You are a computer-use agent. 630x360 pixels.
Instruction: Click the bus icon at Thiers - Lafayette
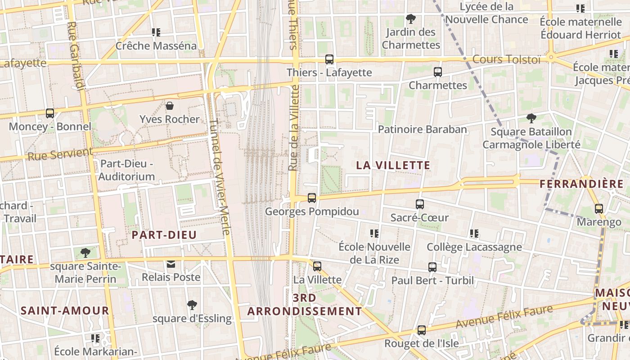click(x=329, y=59)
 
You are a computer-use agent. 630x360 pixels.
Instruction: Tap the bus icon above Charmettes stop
click(x=437, y=72)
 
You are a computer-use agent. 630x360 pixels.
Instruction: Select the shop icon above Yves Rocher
click(x=170, y=106)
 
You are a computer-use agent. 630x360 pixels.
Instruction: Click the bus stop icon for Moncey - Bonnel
click(x=50, y=113)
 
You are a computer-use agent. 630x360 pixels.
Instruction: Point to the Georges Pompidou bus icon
click(x=311, y=198)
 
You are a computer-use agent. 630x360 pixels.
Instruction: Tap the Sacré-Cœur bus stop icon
click(x=420, y=204)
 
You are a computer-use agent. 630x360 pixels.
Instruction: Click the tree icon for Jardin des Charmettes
click(x=410, y=19)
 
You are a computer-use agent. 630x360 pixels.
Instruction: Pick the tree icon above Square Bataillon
click(x=531, y=118)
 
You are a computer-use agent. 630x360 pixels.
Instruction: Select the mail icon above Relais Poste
click(x=171, y=264)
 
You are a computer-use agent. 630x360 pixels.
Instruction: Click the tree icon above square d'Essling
click(x=192, y=305)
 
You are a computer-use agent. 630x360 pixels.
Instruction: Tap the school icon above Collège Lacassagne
click(x=474, y=234)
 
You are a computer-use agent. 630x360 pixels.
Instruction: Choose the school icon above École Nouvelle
click(x=374, y=234)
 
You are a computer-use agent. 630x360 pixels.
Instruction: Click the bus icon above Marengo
click(x=598, y=209)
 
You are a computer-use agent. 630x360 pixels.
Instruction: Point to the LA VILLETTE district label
click(x=393, y=165)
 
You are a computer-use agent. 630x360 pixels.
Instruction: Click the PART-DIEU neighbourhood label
click(x=164, y=235)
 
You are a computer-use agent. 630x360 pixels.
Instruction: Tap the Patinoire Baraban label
click(x=423, y=130)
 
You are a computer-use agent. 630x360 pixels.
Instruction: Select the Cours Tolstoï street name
click(x=506, y=59)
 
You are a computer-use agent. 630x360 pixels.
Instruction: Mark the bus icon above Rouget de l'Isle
click(x=422, y=330)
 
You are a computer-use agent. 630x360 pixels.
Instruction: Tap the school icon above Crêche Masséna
click(x=156, y=32)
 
